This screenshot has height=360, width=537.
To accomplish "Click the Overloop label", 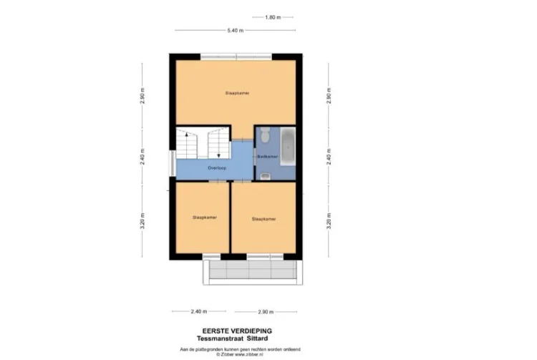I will (217, 167).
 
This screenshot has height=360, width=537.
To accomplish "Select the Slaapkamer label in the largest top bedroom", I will (237, 93).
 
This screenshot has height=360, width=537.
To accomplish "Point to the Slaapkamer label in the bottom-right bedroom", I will (263, 219).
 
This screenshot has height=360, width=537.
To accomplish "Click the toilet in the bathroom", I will (263, 134).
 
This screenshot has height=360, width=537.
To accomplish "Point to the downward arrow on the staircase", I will (217, 151).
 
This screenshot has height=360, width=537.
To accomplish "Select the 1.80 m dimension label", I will (273, 17).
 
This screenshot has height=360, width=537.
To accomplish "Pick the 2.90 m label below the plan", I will (266, 312).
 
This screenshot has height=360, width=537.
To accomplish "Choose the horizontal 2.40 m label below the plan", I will (199, 312).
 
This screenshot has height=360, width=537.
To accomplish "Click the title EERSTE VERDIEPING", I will (237, 330).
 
